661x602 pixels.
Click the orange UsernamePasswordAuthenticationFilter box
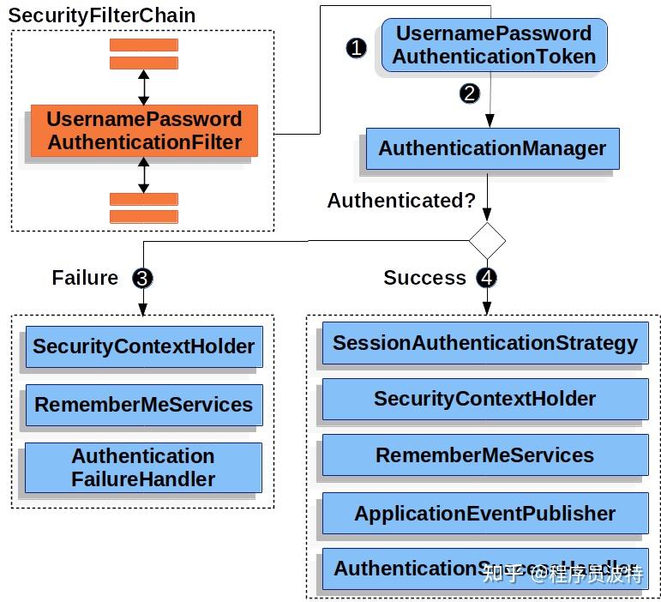tap(144, 130)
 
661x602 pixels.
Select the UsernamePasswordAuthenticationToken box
tap(494, 45)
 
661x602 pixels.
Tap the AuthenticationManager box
tap(492, 148)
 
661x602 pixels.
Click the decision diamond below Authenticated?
tap(487, 241)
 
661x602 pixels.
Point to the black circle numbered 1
tap(357, 48)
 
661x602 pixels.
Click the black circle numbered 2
tap(469, 93)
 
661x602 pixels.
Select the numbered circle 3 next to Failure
tap(142, 278)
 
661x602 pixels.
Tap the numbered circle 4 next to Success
tap(487, 278)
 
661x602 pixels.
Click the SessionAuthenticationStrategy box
tap(485, 344)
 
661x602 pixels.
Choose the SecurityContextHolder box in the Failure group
tap(143, 347)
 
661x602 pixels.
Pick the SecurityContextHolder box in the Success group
tap(485, 399)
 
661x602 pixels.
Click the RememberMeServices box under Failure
tap(143, 405)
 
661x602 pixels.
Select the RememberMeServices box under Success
tap(485, 455)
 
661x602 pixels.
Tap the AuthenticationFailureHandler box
tap(143, 467)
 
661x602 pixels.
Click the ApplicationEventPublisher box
tap(485, 514)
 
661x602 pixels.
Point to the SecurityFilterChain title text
tap(102, 15)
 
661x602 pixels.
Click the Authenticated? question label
tap(401, 201)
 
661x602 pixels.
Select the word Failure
tap(85, 278)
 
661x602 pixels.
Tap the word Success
tap(424, 278)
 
